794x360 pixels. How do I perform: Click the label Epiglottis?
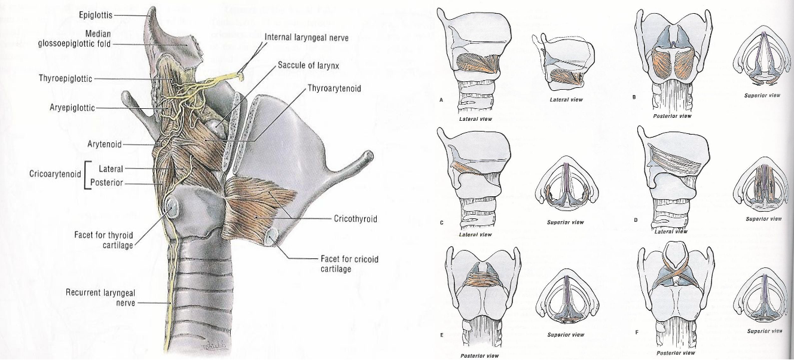(94, 14)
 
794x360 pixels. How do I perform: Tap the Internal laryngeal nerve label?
(306, 37)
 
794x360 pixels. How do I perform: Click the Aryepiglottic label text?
(72, 108)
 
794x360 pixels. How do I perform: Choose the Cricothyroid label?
(355, 219)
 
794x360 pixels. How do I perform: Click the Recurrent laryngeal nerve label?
(100, 298)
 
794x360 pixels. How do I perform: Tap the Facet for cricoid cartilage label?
(350, 264)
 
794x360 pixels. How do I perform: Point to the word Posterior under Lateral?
(108, 182)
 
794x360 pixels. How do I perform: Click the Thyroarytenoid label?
(334, 89)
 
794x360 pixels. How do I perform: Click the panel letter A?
(441, 100)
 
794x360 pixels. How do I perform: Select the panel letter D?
(636, 220)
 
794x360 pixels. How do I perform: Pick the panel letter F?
(636, 331)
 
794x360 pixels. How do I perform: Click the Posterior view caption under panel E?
(480, 355)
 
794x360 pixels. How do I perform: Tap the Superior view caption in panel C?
(565, 222)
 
